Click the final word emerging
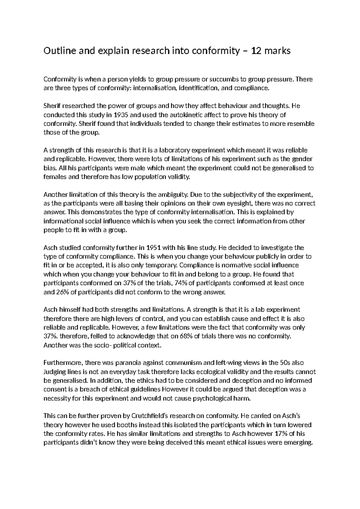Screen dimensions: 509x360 tap(300, 443)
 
